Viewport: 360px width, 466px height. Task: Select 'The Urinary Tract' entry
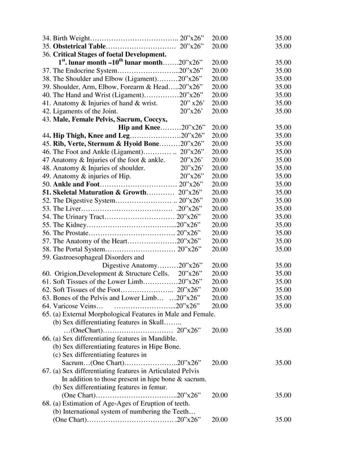[x=79, y=217]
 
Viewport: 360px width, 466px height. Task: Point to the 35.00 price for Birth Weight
[x=283, y=38]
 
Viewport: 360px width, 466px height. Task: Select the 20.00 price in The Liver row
[x=219, y=209]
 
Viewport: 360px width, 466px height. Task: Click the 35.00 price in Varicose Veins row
[x=283, y=306]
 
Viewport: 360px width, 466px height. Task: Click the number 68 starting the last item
[x=46, y=403]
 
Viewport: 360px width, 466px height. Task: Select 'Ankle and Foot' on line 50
[x=76, y=184]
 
